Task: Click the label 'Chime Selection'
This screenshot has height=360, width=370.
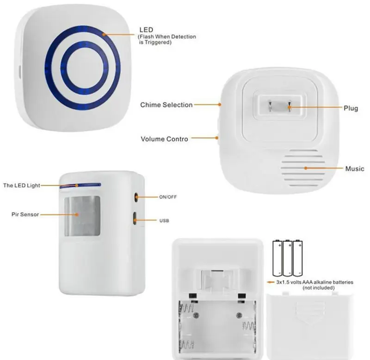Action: (166, 105)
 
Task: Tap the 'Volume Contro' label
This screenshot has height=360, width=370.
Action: (164, 139)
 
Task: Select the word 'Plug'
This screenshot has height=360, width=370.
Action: (351, 108)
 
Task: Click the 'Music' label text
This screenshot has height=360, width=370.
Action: (355, 169)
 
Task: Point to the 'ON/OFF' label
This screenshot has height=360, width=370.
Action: (168, 197)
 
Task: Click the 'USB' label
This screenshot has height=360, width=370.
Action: (164, 220)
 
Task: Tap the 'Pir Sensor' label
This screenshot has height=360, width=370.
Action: (25, 214)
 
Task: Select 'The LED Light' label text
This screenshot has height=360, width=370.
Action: (22, 185)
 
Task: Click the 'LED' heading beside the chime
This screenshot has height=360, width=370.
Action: (146, 30)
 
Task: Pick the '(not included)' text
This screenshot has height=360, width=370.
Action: (319, 287)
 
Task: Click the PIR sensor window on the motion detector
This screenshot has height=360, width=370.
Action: (82, 215)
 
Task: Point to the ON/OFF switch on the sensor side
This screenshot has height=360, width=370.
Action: (136, 196)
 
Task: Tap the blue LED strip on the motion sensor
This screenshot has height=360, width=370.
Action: (81, 185)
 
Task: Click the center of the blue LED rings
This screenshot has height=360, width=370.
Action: (82, 66)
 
